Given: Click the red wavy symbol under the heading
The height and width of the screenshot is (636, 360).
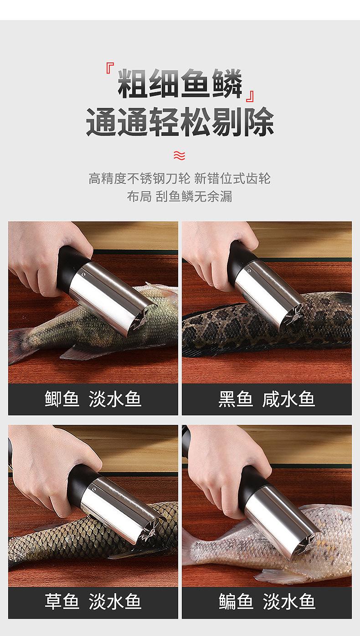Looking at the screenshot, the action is pyautogui.click(x=179, y=155).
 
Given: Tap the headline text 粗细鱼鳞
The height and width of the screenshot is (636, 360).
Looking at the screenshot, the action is pyautogui.click(x=180, y=83).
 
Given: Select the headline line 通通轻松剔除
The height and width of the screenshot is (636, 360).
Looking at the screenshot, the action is pyautogui.click(x=180, y=122).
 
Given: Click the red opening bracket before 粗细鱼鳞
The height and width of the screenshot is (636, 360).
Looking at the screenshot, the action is pyautogui.click(x=110, y=68).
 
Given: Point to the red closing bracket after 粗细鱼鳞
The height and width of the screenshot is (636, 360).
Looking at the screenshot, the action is pyautogui.click(x=250, y=96).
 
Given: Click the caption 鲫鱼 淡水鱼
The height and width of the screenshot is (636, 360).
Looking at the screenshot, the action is pyautogui.click(x=93, y=399).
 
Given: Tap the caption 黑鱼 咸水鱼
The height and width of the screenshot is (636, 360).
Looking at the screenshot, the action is pyautogui.click(x=267, y=399).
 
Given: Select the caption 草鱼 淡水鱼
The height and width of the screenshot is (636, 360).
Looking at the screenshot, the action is pyautogui.click(x=93, y=601).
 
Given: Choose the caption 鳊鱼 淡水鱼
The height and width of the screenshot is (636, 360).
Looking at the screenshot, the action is pyautogui.click(x=267, y=601).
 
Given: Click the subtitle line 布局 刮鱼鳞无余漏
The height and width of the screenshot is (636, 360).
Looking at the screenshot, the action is pyautogui.click(x=179, y=196).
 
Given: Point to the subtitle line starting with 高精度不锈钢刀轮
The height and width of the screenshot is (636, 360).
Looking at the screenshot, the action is pyautogui.click(x=179, y=178).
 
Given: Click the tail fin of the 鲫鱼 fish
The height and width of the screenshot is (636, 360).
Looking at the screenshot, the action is pyautogui.click(x=20, y=345).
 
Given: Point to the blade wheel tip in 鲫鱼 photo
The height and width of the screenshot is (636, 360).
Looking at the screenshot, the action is pyautogui.click(x=142, y=320).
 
